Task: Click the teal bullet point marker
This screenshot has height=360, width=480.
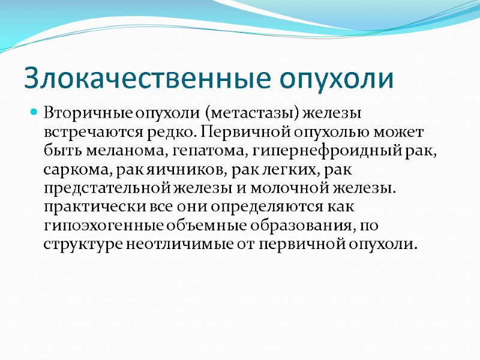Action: tap(34, 112)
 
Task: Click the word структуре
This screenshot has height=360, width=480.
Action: tap(82, 245)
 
